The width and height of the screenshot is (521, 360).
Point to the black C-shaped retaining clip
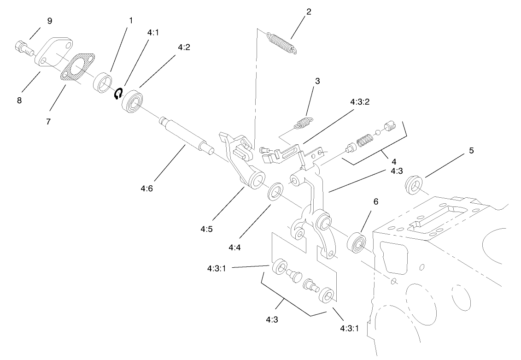point(118,94)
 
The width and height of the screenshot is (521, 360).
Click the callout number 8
point(19,100)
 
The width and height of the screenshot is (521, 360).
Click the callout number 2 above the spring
point(308,12)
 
